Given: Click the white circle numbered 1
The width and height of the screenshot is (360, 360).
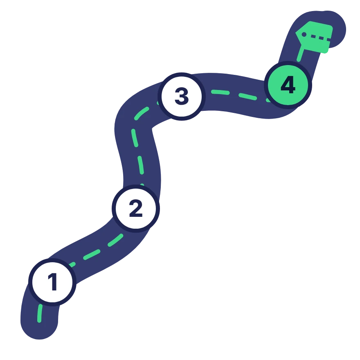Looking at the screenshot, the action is tap(52, 282).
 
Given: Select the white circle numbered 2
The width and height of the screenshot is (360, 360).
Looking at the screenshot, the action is tap(136, 209).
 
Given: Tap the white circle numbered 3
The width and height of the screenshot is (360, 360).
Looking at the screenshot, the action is tap(182, 97).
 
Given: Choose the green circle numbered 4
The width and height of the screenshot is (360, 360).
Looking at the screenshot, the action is tap(288, 85).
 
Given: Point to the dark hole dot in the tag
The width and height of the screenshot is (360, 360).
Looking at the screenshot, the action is tap(304, 34).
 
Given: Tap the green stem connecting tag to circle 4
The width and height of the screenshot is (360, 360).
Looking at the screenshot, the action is tap(301, 54).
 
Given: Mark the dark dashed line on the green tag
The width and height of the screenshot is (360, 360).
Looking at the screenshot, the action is tap(320, 38).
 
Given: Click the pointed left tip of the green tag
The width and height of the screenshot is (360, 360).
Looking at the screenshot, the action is tap(296, 33).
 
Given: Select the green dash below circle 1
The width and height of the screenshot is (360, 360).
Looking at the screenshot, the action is tap(40, 313).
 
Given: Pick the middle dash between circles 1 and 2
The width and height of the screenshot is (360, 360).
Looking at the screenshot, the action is tap(92, 254).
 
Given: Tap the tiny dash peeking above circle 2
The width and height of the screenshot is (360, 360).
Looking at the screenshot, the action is tap(142, 185).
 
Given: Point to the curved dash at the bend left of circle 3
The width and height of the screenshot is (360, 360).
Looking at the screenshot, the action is tap(142, 113).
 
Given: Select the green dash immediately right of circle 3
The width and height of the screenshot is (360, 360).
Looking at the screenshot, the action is tap(220, 92).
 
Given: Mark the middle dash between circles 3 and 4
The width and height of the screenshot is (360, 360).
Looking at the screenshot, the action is tap(248, 97).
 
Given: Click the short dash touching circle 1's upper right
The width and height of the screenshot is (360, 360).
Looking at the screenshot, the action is tap(72, 265).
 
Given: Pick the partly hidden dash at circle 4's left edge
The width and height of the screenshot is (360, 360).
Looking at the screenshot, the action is tap(268, 100).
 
